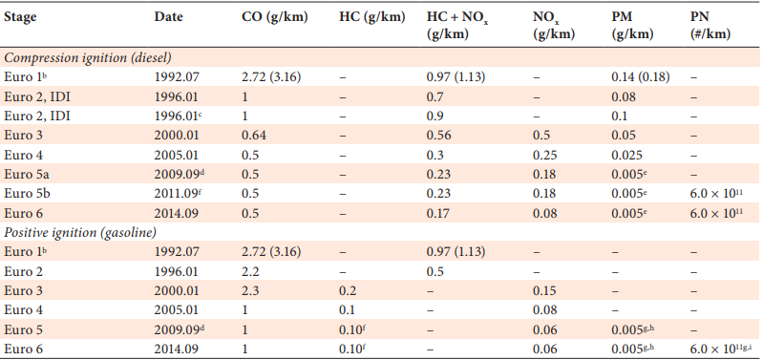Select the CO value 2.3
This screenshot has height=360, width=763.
coord(250,290)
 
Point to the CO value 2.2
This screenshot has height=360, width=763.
coord(250,271)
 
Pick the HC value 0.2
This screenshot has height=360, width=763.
coord(347,290)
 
